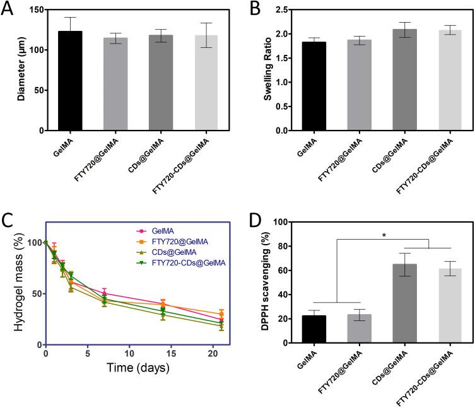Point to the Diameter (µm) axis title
21,70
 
